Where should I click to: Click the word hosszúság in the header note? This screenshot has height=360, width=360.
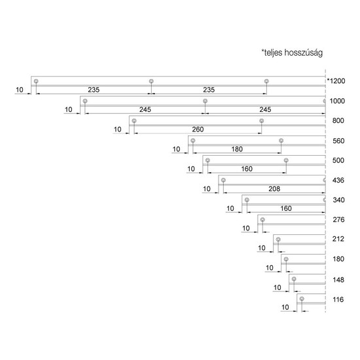(x=303, y=53)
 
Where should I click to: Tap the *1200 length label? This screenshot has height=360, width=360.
(x=336, y=81)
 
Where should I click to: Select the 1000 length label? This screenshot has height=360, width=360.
(x=337, y=101)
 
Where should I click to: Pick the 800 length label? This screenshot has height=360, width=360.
(x=338, y=120)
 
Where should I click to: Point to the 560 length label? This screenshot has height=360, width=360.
(x=338, y=141)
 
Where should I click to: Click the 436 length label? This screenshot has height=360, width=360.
(x=338, y=180)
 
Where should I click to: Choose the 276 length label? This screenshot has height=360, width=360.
(x=338, y=220)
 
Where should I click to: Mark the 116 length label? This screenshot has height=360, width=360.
(x=338, y=299)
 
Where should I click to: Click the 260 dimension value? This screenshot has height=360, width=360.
(x=198, y=129)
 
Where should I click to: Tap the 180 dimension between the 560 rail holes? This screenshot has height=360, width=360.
(x=237, y=149)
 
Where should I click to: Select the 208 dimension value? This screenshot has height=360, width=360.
(x=274, y=189)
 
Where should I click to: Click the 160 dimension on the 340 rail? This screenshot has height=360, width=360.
(x=286, y=208)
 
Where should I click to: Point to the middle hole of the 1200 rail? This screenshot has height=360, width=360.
(x=151, y=81)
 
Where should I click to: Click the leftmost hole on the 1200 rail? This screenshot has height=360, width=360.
(x=36, y=81)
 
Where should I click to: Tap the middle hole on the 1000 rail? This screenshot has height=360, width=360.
(x=206, y=101)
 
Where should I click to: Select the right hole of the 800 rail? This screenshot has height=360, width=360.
(x=261, y=121)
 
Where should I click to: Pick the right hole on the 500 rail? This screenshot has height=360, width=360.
(x=286, y=160)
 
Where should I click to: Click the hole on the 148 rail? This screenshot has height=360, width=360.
(x=294, y=279)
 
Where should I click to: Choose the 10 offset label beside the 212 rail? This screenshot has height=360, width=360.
(x=262, y=248)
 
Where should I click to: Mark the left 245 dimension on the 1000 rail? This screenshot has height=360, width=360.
(x=145, y=109)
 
